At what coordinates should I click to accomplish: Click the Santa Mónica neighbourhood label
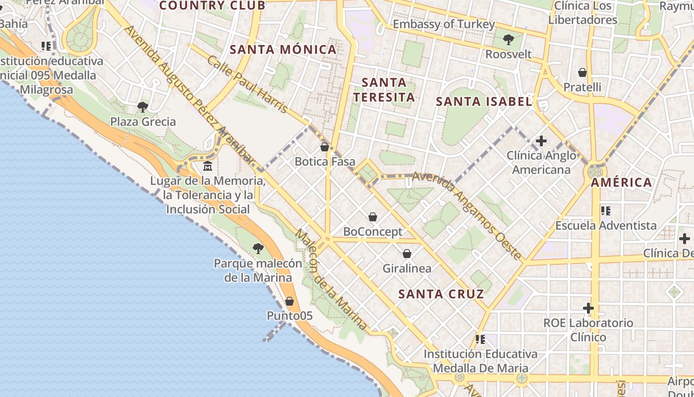coord(284,49)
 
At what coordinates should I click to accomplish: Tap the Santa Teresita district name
coord(384,89)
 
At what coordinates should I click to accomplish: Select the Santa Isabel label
coord(484,102)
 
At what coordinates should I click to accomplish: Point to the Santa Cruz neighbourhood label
coord(441,294)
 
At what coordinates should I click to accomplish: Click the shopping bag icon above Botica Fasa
coord(325,147)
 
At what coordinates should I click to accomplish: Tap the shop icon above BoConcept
coord(373,217)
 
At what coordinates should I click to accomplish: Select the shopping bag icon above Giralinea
coord(407,254)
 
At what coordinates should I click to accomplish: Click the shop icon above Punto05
coord(289,301)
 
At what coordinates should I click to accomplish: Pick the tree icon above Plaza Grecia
coord(143,107)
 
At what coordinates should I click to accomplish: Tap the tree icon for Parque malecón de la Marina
coord(258,248)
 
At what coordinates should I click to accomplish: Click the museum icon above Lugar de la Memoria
coord(208,166)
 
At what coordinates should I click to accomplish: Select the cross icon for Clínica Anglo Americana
coord(541,141)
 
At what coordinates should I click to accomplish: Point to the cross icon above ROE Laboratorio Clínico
coord(588,308)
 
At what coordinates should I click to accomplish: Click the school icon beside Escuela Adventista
coord(605,211)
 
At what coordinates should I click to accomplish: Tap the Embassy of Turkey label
coord(444,24)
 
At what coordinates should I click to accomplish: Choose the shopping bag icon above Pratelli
coord(582,72)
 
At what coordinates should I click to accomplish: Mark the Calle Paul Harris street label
coord(248,84)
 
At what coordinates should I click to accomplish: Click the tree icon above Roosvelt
coord(508,40)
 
